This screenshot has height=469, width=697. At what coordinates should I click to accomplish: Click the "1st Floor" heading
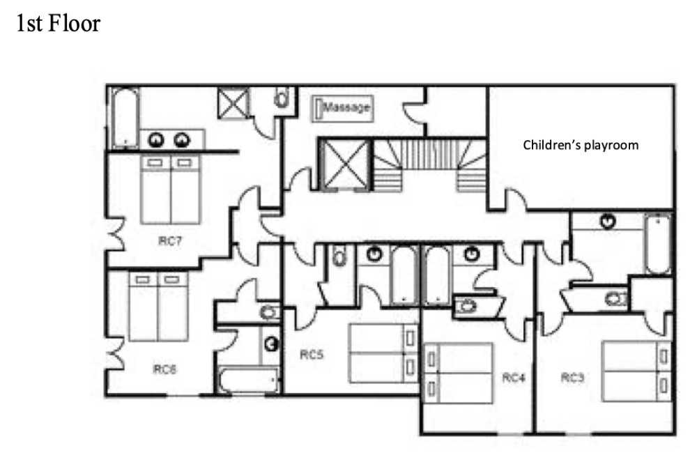[59, 23]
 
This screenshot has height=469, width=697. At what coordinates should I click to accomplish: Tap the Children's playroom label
[581, 145]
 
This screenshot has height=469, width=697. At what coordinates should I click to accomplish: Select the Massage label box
[342, 108]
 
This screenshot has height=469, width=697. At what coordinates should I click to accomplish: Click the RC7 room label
[170, 241]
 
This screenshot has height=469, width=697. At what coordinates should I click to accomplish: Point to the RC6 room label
[164, 369]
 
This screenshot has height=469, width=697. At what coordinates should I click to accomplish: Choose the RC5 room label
[312, 354]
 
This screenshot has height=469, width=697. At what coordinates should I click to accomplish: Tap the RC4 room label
[514, 378]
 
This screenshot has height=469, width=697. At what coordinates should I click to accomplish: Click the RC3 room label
[572, 378]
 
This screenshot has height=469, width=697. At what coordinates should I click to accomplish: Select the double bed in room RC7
[170, 190]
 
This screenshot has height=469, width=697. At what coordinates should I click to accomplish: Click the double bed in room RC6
[158, 307]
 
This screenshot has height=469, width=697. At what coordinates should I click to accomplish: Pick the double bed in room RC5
[383, 353]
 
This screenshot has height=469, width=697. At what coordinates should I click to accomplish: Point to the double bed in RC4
[459, 373]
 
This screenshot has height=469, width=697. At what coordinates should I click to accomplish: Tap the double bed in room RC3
[636, 371]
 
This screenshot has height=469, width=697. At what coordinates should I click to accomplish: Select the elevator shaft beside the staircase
[346, 165]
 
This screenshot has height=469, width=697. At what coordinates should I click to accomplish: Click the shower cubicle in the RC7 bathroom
[233, 102]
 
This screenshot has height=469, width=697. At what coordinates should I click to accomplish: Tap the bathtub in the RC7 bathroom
[125, 118]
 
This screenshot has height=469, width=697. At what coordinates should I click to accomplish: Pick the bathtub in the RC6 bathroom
[249, 380]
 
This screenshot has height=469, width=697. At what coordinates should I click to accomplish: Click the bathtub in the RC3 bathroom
[658, 244]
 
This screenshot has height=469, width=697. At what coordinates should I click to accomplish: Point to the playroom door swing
[516, 199]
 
